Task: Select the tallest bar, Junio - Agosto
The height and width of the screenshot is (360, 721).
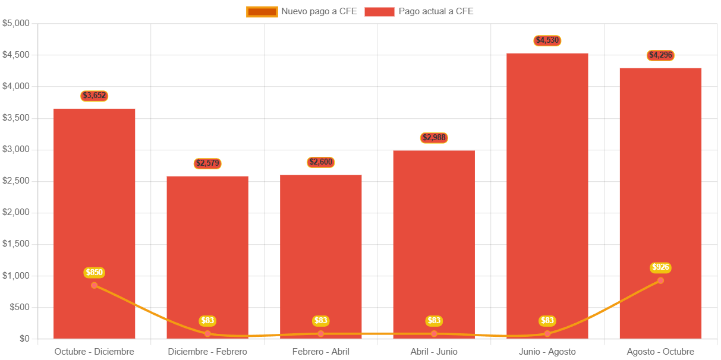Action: point(547,178)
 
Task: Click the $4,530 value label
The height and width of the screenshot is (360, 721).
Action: point(547,40)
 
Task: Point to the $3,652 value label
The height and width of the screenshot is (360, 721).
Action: point(95,96)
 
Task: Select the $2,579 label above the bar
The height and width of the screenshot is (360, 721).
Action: point(207,163)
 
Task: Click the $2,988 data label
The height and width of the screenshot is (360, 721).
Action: point(434,138)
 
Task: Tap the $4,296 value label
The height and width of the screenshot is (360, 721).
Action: point(660,55)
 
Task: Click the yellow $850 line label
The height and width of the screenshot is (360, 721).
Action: point(95,273)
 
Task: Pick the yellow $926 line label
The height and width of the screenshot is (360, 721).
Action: point(660,267)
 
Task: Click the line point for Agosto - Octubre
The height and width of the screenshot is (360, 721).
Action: point(660,280)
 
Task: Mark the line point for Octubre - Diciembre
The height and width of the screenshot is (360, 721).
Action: point(95,285)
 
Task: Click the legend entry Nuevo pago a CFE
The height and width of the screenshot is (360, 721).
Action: point(302,11)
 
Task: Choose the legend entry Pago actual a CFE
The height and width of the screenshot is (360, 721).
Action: point(419,11)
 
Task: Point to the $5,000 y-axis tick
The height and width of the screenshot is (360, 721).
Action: point(16,23)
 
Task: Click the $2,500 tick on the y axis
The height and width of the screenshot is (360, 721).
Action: point(16,181)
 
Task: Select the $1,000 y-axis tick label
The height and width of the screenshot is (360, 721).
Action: point(16,276)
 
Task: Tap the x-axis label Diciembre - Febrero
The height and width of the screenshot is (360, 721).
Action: point(207,352)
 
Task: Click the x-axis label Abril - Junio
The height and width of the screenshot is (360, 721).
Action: point(434,352)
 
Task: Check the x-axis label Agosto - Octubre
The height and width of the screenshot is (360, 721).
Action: point(660,352)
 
